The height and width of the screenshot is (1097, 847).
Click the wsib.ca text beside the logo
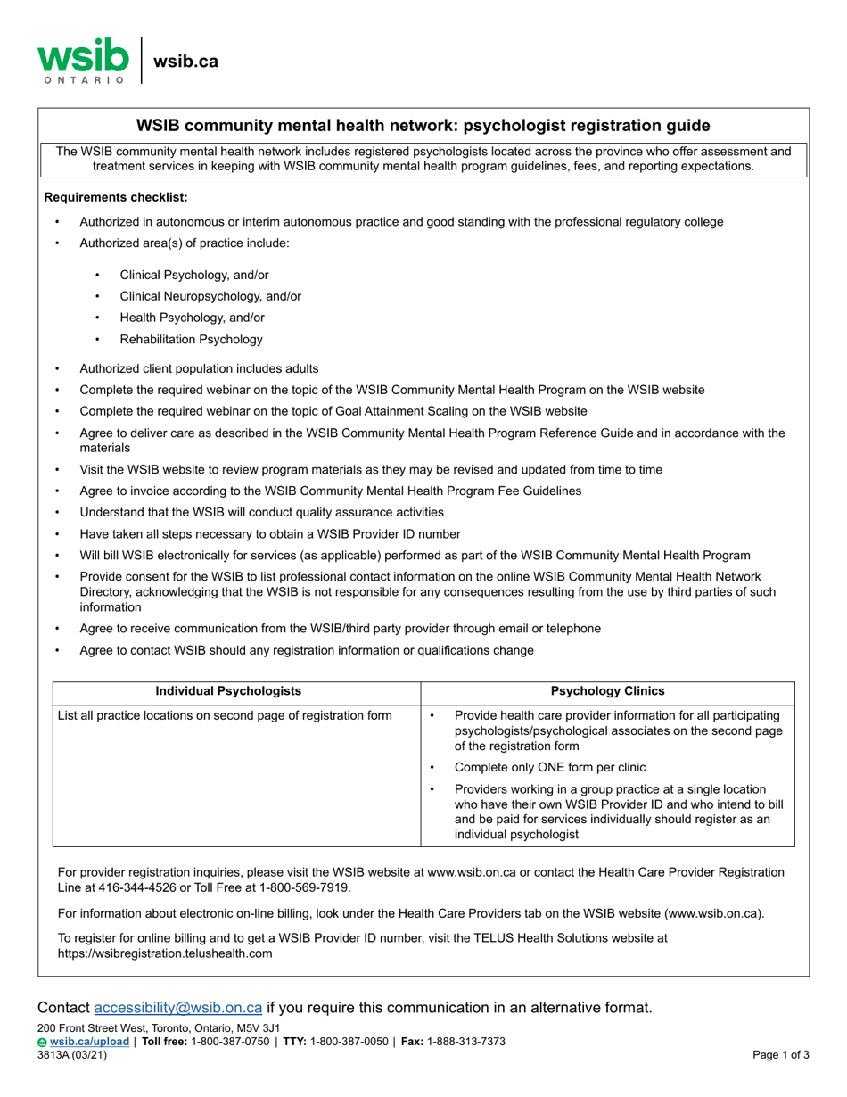185,62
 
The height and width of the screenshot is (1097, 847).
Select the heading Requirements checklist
116,197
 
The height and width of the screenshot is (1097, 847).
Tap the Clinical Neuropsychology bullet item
210,296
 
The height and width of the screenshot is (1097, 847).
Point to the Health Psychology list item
192,318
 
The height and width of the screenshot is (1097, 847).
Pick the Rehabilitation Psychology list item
191,339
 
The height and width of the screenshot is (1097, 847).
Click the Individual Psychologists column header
228,691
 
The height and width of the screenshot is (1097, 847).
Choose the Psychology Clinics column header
607,691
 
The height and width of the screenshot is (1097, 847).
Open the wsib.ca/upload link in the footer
89,1042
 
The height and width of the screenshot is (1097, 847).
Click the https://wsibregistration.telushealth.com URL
165,953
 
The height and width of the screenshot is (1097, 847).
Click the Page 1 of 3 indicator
781,1054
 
